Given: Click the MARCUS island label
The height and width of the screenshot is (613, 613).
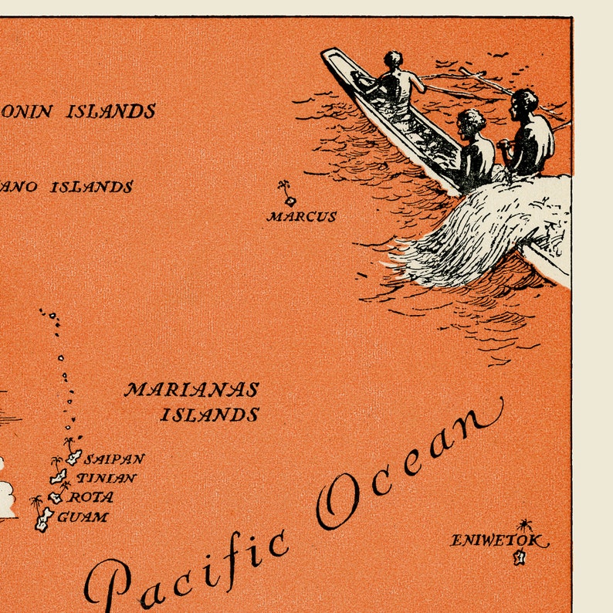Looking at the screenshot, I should [x=301, y=217].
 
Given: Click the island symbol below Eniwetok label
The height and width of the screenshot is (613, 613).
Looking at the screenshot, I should [x=520, y=557].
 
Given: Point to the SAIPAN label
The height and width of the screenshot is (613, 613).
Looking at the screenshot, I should [x=114, y=459].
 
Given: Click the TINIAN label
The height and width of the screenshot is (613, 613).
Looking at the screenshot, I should [x=107, y=478].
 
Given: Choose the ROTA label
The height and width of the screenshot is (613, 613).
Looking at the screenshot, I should [x=91, y=497].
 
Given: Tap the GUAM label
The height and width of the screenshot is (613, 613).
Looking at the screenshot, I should [x=83, y=516].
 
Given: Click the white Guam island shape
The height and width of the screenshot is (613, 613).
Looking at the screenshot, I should [x=43, y=520].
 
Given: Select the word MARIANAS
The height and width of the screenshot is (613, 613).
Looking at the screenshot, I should [x=191, y=389].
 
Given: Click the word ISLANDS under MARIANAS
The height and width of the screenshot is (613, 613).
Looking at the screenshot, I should [x=209, y=415].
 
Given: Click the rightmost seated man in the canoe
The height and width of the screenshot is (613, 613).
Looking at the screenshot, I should [x=530, y=135].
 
